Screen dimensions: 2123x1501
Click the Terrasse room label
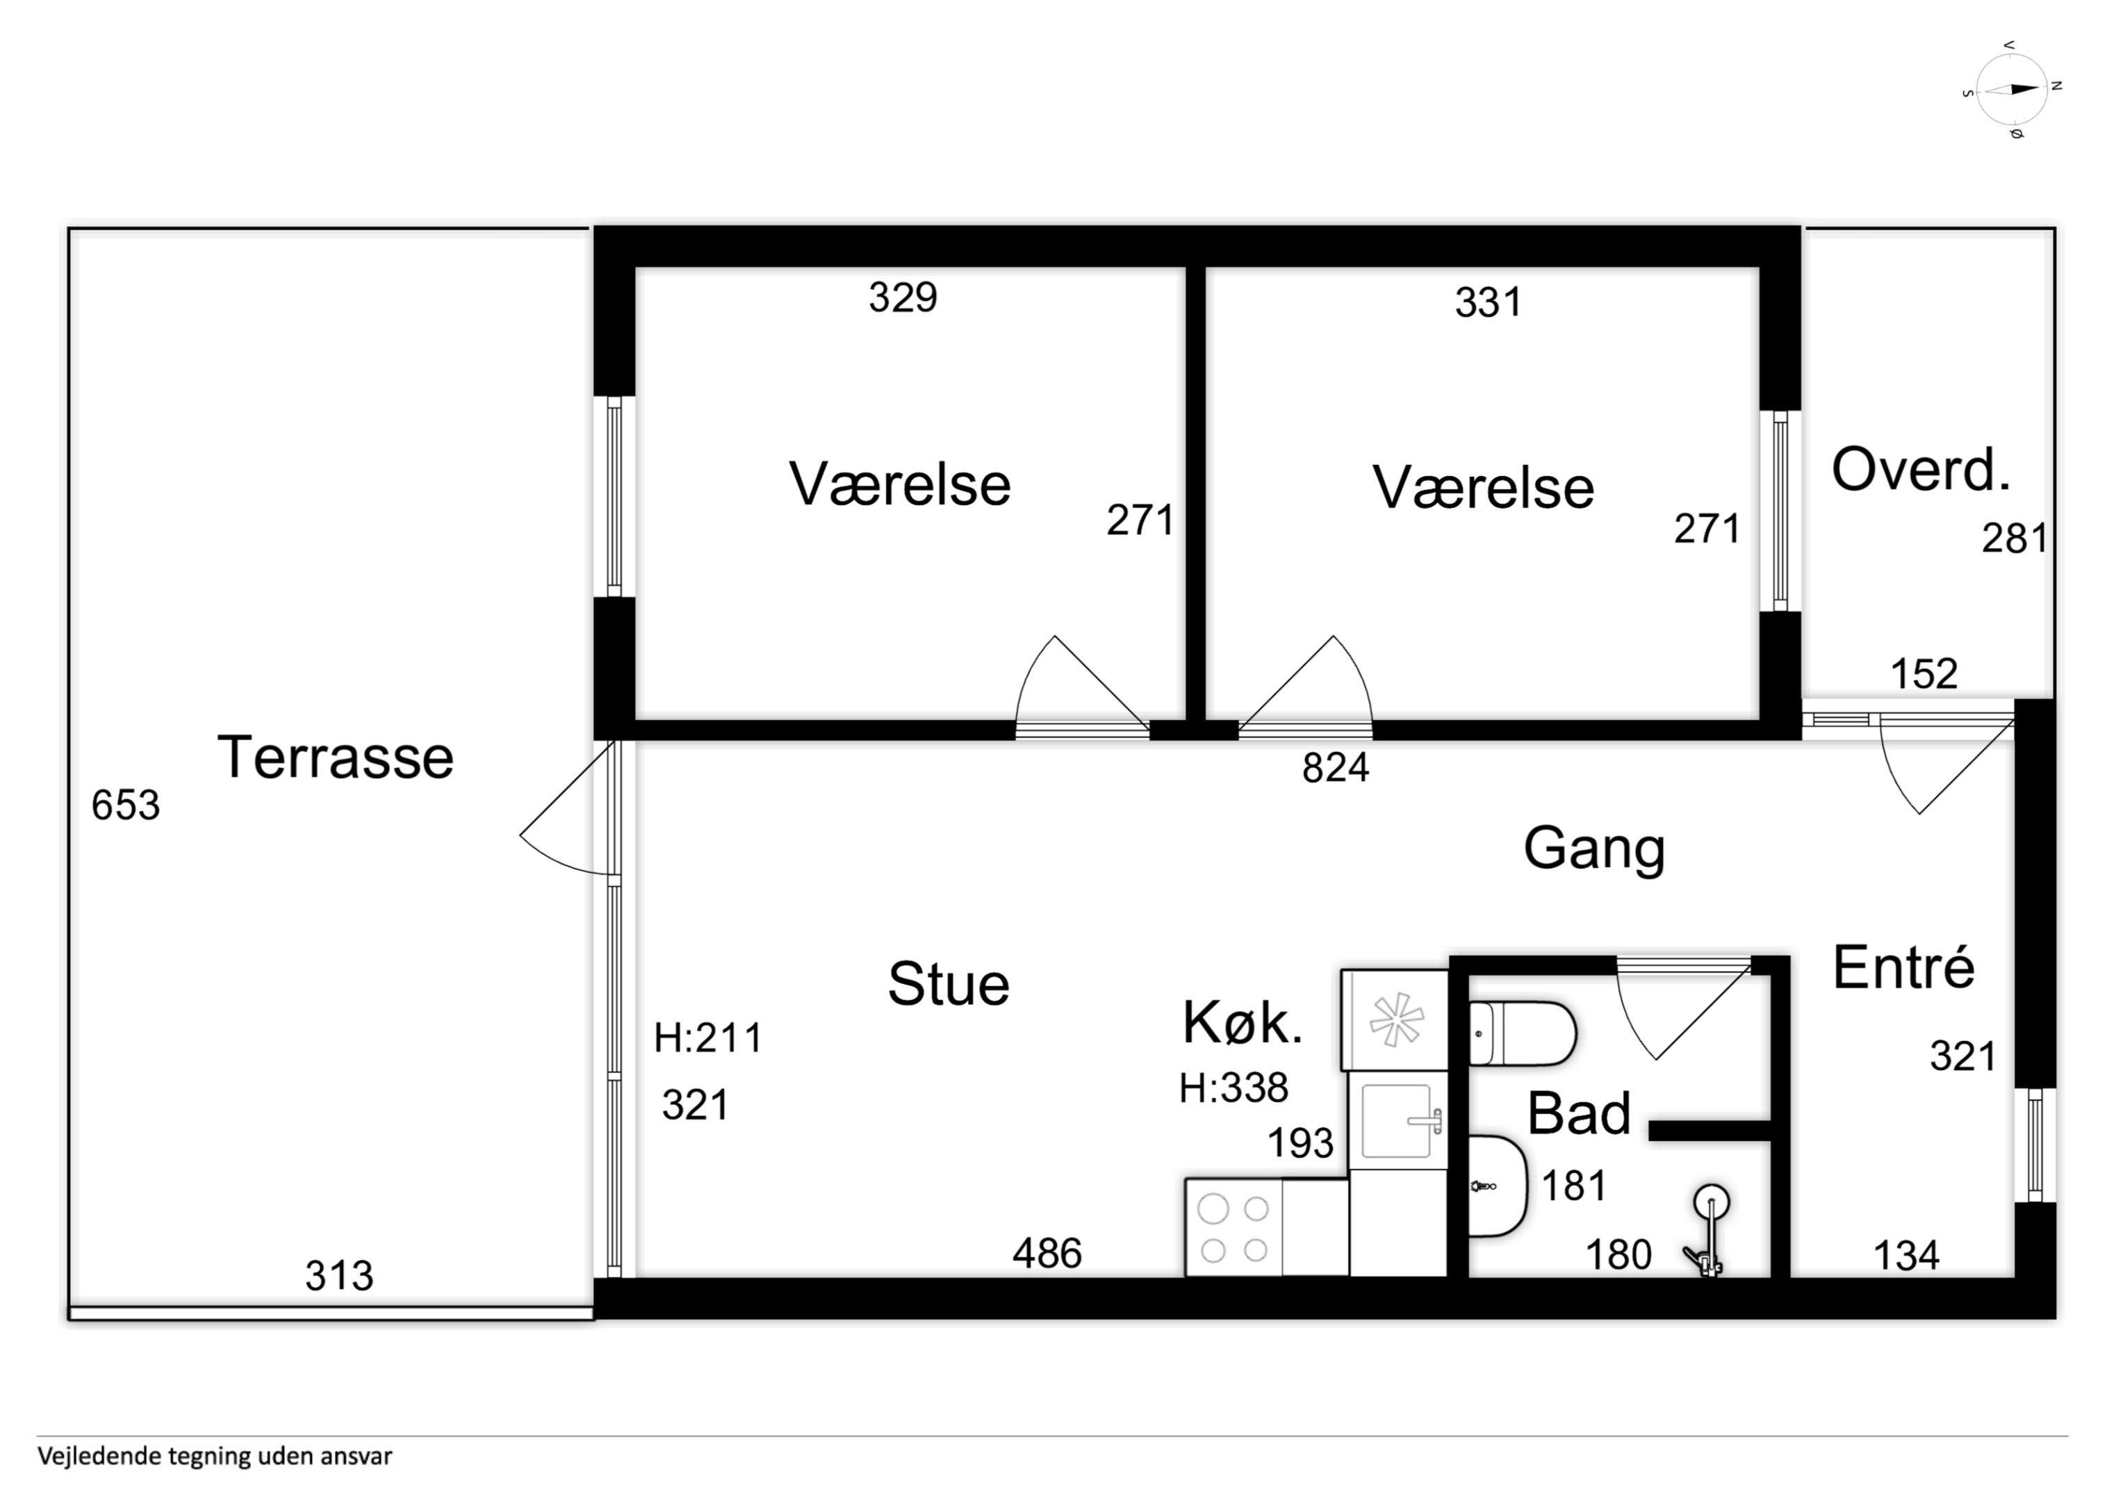[x=336, y=757]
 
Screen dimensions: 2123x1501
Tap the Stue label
[x=949, y=983]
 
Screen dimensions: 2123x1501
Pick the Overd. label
[x=1921, y=470]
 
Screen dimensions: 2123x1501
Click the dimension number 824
[x=1335, y=768]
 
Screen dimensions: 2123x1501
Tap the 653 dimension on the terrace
[x=126, y=805]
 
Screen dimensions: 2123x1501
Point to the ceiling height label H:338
[x=1233, y=1088]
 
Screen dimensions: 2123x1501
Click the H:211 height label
[x=708, y=1037]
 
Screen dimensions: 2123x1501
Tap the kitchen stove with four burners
[x=1234, y=1228]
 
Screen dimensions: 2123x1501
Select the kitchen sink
[x=1397, y=1121]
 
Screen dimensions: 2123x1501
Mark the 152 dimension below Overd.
[x=1924, y=674]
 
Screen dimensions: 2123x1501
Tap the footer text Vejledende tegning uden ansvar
[x=215, y=1457]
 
